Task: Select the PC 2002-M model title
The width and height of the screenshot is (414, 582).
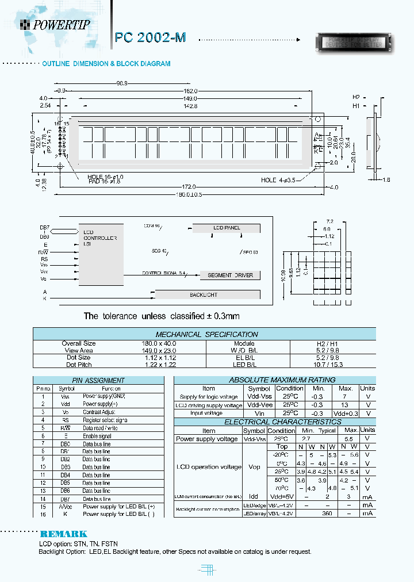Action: point(151,37)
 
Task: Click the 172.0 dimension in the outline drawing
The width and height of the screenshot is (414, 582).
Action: point(189,187)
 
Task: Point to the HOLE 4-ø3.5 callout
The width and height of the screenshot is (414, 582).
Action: point(278,180)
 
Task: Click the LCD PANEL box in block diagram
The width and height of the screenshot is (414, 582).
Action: point(227,228)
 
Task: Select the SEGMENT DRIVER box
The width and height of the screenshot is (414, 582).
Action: point(230,275)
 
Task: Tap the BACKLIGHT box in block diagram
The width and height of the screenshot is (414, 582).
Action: point(204,295)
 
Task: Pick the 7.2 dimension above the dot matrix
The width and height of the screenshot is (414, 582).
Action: point(329,221)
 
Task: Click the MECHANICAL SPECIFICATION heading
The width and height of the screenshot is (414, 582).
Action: point(206,334)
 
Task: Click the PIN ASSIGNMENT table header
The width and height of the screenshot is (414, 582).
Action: point(98,380)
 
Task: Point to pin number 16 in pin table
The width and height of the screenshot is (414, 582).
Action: point(43,514)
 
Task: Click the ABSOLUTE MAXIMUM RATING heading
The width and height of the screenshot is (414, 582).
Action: point(274,380)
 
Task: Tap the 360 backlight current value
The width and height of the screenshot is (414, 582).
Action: point(327,512)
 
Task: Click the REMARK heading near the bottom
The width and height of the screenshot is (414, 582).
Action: point(63,534)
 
